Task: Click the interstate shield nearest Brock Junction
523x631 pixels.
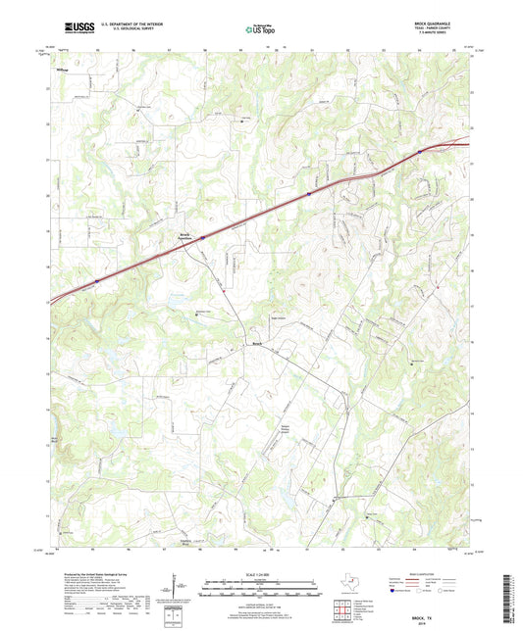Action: click(x=202, y=236)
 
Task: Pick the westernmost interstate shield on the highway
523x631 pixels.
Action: click(x=96, y=282)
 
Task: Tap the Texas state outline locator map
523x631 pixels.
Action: click(x=346, y=584)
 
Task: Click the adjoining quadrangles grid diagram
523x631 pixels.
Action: click(x=343, y=608)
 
